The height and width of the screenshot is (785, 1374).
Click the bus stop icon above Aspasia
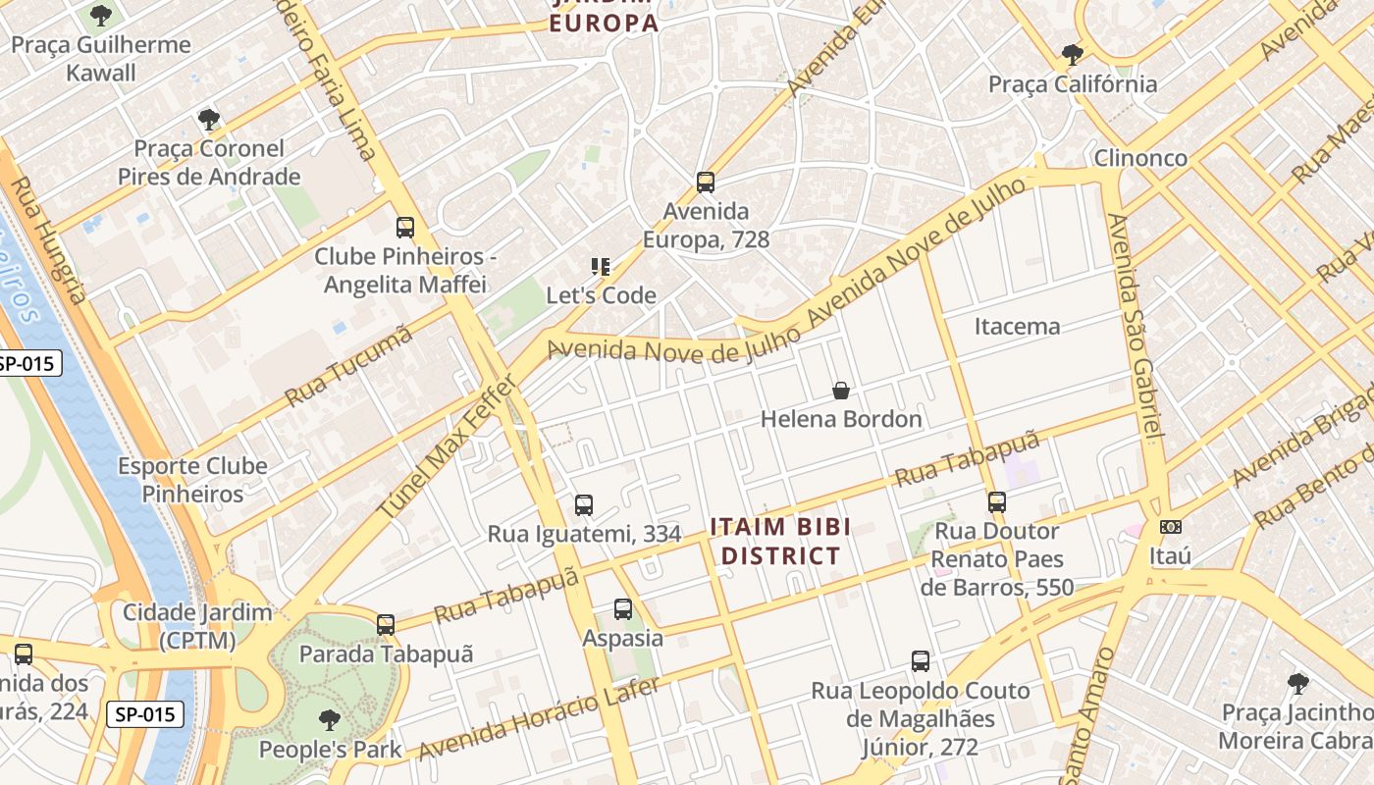623,609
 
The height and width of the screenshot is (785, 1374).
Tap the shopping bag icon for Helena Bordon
841,391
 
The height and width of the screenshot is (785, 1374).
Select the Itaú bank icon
1170,527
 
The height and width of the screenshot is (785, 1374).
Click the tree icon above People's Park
330,720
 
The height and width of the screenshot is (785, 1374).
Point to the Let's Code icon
601,266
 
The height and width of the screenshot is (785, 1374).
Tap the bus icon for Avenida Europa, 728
705,182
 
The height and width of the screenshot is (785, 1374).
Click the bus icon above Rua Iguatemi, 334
584,505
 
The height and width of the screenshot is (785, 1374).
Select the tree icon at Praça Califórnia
1072,55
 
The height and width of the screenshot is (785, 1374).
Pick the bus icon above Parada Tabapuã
386,625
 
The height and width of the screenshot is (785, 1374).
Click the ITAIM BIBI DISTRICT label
781,542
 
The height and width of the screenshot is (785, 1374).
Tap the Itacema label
1017,327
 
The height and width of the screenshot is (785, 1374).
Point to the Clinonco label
1140,158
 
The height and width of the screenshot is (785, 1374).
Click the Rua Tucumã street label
348,366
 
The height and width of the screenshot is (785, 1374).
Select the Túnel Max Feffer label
447,447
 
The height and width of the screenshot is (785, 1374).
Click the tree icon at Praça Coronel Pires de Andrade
208,120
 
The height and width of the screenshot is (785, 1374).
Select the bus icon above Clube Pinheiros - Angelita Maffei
405,228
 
